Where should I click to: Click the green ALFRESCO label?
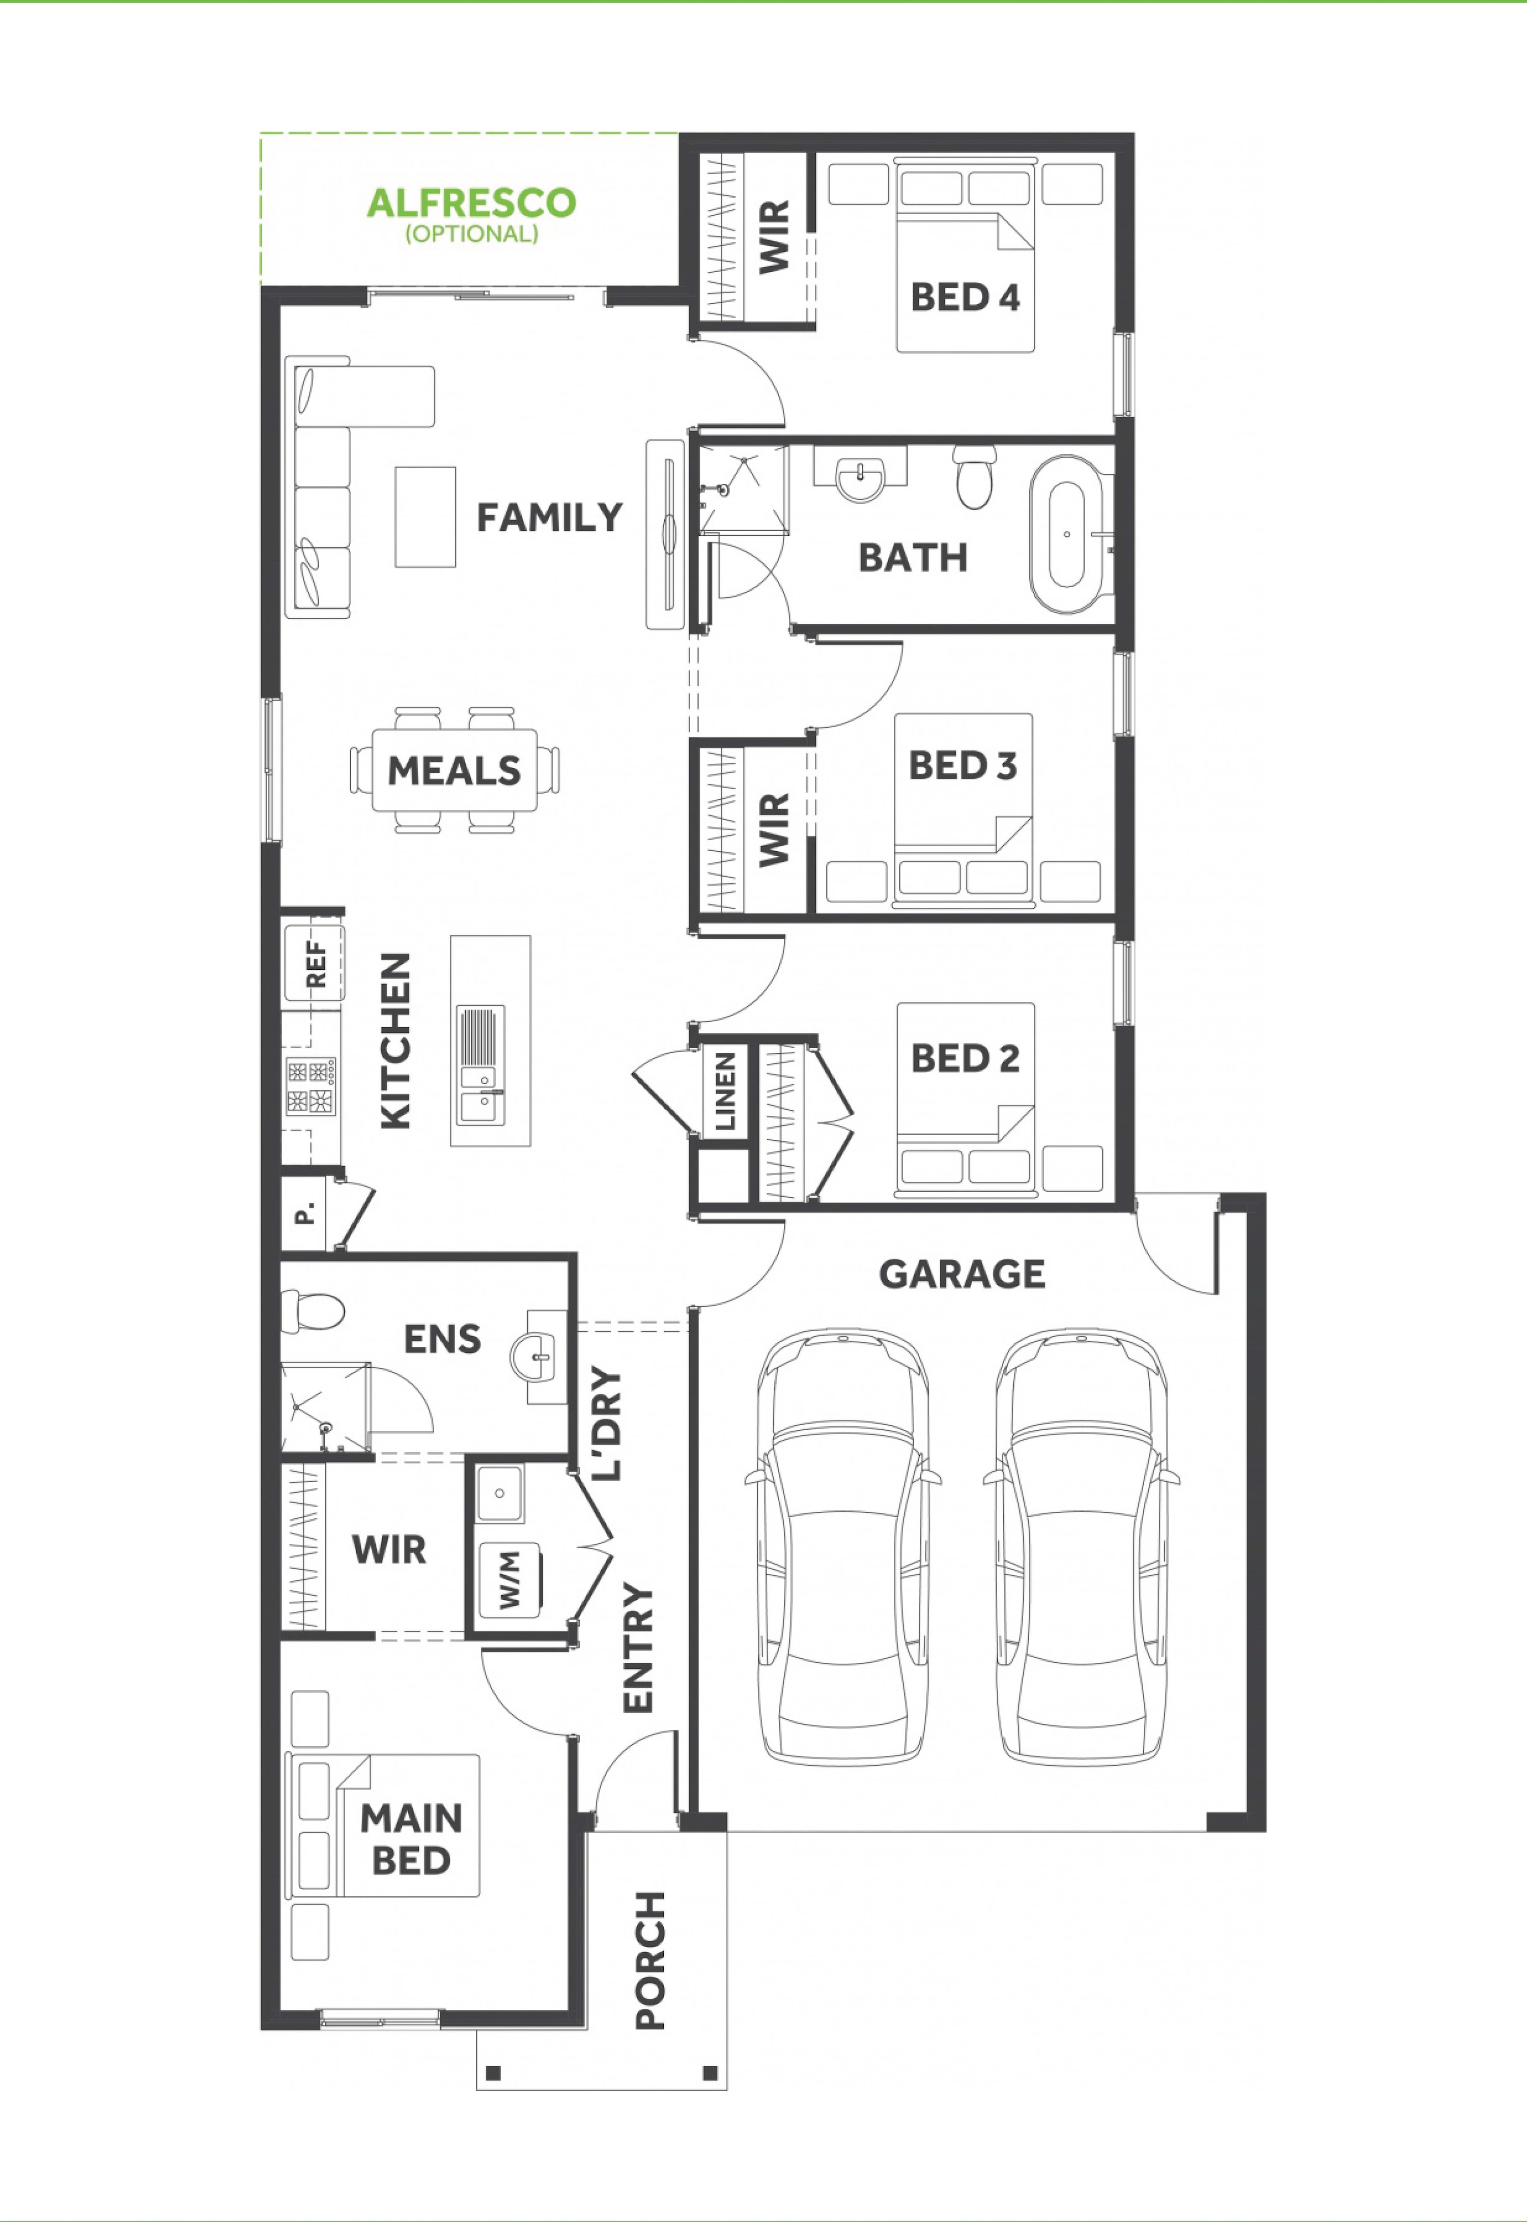point(472,203)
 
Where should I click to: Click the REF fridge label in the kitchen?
point(315,964)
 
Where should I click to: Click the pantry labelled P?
point(305,1215)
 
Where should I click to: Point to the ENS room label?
point(442,1339)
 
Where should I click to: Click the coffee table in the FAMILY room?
point(426,516)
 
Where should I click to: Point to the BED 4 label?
point(966,298)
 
